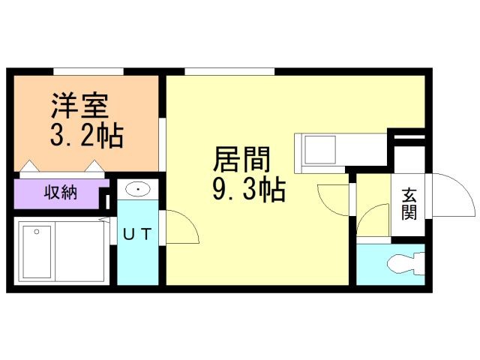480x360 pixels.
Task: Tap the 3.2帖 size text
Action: (86, 136)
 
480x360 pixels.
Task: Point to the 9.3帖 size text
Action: (248, 191)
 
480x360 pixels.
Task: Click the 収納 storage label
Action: (59, 193)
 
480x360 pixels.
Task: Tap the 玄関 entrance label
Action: (409, 203)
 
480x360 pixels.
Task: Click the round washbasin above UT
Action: (136, 190)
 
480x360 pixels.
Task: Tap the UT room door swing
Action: (178, 227)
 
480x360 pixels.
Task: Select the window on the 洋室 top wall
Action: (88, 72)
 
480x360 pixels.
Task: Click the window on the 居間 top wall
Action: (229, 72)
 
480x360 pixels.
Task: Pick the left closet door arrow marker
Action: (29, 166)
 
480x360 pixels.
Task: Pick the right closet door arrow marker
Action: (94, 166)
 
